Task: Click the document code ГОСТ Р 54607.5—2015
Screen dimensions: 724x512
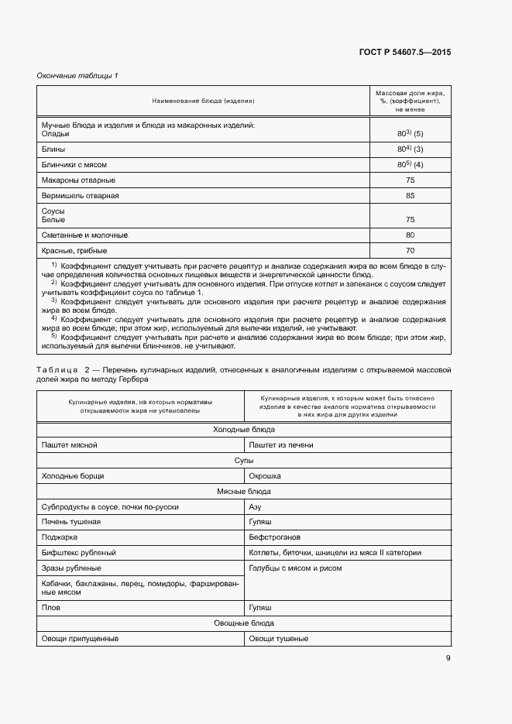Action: [405, 53]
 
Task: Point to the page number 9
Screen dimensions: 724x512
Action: [448, 658]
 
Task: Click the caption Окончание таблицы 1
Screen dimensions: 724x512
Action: [77, 75]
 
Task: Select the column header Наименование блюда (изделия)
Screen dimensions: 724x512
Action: [203, 101]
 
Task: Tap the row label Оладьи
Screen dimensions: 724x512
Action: [55, 133]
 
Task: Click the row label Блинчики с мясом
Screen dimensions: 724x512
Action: [74, 165]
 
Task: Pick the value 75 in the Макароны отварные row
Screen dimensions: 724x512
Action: [410, 180]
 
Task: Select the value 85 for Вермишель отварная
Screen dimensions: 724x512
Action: [410, 196]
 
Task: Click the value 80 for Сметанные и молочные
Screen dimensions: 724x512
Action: [410, 235]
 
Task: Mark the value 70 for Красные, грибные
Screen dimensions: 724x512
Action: [410, 251]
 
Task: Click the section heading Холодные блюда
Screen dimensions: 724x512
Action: [243, 429]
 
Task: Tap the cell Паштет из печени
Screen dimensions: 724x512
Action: [278, 444]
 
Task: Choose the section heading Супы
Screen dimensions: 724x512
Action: [243, 460]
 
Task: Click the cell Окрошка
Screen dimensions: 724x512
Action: [264, 475]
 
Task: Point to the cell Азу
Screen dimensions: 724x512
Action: [255, 506]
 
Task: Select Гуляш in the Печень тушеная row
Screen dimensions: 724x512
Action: [259, 522]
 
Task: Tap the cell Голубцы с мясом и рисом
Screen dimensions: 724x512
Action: [295, 568]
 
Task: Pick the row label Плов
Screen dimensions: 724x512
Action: [51, 608]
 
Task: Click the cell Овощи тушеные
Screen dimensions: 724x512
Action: [278, 639]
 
